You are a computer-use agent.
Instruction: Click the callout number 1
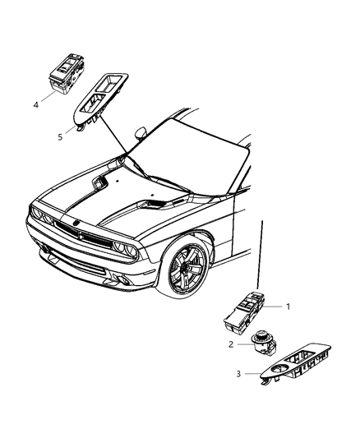click(x=288, y=307)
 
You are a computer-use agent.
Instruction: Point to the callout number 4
click(x=36, y=104)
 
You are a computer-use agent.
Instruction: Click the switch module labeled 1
click(x=246, y=311)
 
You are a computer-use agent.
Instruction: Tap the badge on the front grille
click(x=80, y=231)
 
